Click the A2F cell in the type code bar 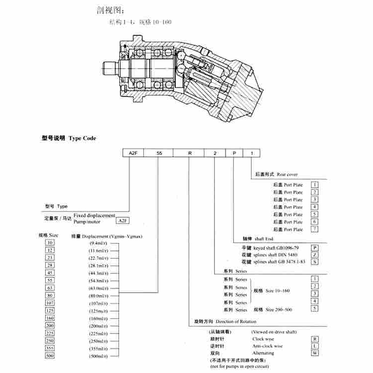point(133,154)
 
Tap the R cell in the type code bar point(189,154)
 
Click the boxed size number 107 point(49,303)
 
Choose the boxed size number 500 point(49,356)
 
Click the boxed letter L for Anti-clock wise point(314,346)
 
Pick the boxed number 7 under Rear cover point(314,229)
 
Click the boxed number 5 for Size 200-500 point(314,309)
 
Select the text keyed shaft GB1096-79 point(276,247)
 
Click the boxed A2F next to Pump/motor point(122,220)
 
